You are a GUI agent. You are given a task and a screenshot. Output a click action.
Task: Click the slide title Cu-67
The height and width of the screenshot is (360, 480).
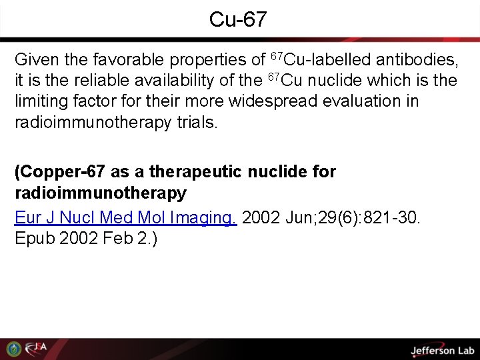pyautogui.click(x=237, y=19)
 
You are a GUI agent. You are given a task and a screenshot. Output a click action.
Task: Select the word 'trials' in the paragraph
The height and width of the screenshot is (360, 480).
pyautogui.click(x=197, y=123)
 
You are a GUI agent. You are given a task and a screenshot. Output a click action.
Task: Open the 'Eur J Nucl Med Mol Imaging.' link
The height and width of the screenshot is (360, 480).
pyautogui.click(x=126, y=217)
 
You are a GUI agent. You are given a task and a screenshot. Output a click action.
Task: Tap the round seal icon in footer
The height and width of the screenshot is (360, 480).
pyautogui.click(x=13, y=349)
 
